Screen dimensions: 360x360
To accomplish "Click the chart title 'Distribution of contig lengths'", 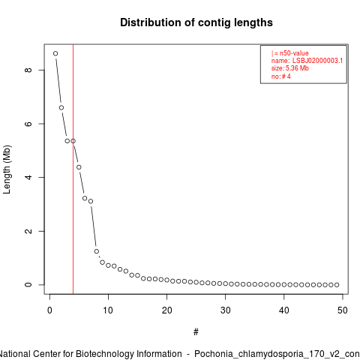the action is (x=196, y=22).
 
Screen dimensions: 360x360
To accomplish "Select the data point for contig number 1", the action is (x=55, y=53).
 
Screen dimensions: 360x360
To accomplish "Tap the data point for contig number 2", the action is (x=61, y=108).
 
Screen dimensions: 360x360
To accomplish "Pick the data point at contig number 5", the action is (x=79, y=167).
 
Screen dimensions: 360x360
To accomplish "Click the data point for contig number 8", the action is (x=97, y=251).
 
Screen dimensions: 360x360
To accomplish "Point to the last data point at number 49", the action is (x=337, y=285).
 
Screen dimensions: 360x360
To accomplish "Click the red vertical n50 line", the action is (x=73, y=169).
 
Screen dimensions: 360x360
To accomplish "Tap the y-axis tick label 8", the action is (x=28, y=70).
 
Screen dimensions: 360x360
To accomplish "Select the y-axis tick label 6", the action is (x=28, y=124).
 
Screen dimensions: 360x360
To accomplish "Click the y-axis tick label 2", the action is (x=28, y=231).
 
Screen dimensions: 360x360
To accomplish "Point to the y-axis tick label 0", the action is (x=28, y=285).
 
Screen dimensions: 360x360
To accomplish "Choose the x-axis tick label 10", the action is (x=108, y=310).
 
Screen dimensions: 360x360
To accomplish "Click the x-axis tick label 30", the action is (x=226, y=310).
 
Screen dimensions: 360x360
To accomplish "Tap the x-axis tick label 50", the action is (x=343, y=310).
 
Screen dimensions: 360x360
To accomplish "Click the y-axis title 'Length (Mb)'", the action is (x=7, y=169).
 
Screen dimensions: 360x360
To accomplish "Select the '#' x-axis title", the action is (x=196, y=332).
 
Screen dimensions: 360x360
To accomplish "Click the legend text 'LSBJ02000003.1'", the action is (x=317, y=61).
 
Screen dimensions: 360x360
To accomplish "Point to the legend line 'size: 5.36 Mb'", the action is (x=290, y=68).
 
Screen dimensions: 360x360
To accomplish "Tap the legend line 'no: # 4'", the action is (x=281, y=76).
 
